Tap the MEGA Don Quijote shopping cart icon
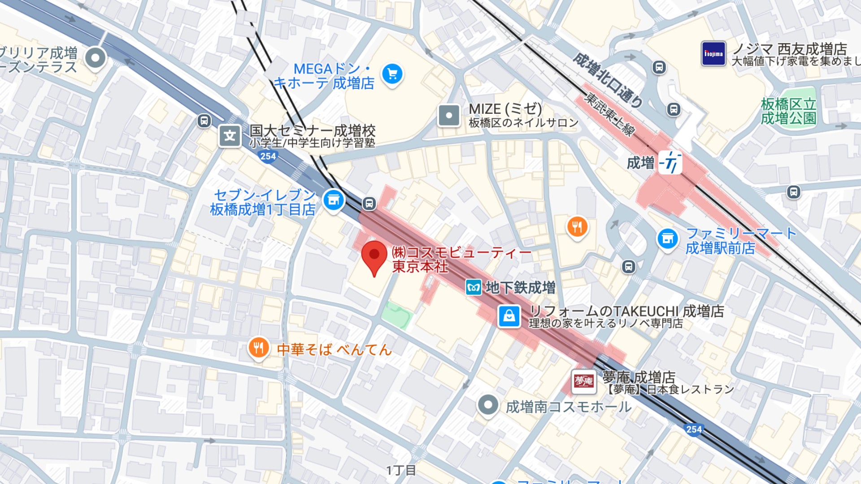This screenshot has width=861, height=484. [392, 74]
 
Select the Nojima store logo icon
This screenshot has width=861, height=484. [713, 54]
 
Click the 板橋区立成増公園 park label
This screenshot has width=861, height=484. [788, 111]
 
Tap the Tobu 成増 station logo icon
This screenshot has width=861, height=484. [670, 163]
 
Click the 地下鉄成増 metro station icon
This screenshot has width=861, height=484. [474, 288]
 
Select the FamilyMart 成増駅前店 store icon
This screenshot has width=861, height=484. [667, 239]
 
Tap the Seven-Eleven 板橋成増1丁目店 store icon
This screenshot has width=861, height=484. [333, 200]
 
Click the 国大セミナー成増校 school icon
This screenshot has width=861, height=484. [230, 136]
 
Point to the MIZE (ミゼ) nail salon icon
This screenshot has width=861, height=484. [448, 116]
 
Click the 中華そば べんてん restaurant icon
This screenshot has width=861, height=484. [258, 348]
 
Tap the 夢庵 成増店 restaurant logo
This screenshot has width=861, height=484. [583, 381]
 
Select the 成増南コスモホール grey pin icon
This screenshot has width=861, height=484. [488, 405]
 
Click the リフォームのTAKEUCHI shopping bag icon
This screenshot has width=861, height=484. [509, 316]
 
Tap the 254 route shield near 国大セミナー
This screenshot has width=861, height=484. [268, 156]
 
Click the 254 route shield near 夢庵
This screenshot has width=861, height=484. [693, 429]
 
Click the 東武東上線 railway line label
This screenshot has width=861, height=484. [609, 115]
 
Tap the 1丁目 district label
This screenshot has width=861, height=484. [401, 470]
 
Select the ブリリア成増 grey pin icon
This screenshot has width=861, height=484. [95, 58]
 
